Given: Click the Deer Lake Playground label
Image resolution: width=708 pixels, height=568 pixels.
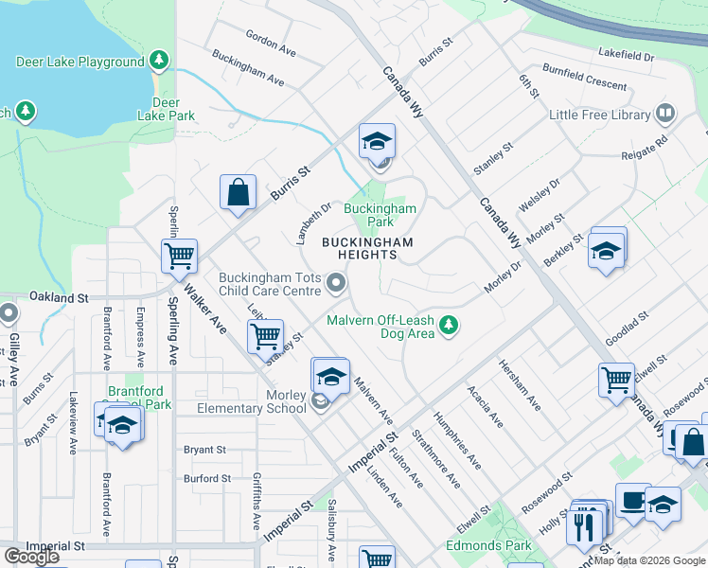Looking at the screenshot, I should click(x=80, y=62).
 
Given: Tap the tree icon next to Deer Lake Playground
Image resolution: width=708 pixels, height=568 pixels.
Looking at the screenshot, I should click(x=159, y=62).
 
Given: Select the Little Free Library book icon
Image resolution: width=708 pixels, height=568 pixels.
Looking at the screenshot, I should click(x=665, y=115).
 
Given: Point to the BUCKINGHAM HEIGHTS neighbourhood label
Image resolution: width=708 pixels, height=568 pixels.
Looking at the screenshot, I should click(x=367, y=249).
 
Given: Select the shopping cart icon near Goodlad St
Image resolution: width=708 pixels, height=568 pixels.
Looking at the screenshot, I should click(x=616, y=380).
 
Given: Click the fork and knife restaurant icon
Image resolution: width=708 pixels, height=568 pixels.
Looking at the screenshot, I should click(x=584, y=523).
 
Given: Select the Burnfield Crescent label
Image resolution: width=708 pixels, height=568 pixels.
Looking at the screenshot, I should click(x=584, y=76).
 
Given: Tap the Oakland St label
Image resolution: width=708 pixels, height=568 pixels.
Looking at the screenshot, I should click(x=58, y=297).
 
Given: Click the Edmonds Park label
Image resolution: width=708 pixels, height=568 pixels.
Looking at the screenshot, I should click(x=488, y=546).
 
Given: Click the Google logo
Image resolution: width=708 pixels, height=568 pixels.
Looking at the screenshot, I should click(x=30, y=557).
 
